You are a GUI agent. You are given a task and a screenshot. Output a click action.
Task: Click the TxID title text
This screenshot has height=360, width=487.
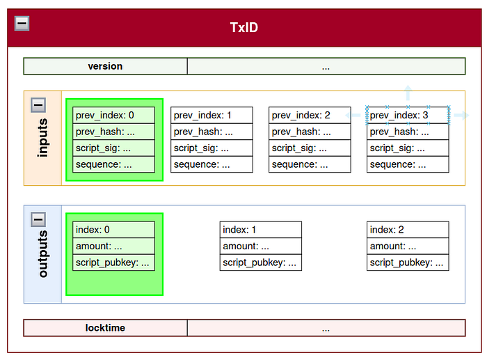[x=243, y=27]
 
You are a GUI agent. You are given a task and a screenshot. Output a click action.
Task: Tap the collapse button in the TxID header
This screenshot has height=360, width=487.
[x=22, y=23]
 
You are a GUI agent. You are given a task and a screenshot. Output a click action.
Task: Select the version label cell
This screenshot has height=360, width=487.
[x=105, y=66]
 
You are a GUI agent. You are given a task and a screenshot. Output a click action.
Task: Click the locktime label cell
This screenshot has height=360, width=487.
[x=105, y=328]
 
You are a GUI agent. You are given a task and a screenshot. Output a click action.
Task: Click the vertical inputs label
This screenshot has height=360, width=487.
[x=43, y=137]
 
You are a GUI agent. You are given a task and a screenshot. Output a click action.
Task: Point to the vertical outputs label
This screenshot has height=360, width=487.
[x=43, y=253]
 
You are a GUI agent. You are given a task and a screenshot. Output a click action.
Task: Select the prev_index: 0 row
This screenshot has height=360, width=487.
[x=113, y=116]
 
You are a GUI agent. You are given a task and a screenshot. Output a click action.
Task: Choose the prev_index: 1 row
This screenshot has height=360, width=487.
[x=211, y=116]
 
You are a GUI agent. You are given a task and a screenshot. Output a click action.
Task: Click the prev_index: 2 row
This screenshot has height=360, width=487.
[x=310, y=116]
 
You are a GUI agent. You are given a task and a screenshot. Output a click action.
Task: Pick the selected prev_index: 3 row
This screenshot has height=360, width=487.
[x=408, y=116]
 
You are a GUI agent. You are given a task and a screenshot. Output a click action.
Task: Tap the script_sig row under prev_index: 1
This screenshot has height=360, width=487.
[x=211, y=148]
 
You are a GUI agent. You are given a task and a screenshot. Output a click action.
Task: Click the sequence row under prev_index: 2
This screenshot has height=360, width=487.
[x=310, y=164]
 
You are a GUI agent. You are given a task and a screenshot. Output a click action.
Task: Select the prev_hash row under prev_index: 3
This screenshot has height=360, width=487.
[x=408, y=132]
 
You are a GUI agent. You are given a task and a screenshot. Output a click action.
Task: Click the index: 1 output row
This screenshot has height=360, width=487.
[x=261, y=230]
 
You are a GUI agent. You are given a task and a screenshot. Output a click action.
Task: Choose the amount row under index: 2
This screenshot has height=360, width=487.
[x=408, y=246]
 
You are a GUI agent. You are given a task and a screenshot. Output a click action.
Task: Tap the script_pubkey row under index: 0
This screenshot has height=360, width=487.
[x=113, y=263]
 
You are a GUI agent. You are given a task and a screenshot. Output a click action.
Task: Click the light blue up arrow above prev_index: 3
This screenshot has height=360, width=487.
[x=408, y=93]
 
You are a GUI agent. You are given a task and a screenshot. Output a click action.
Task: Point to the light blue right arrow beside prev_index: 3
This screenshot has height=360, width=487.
[x=461, y=116]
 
